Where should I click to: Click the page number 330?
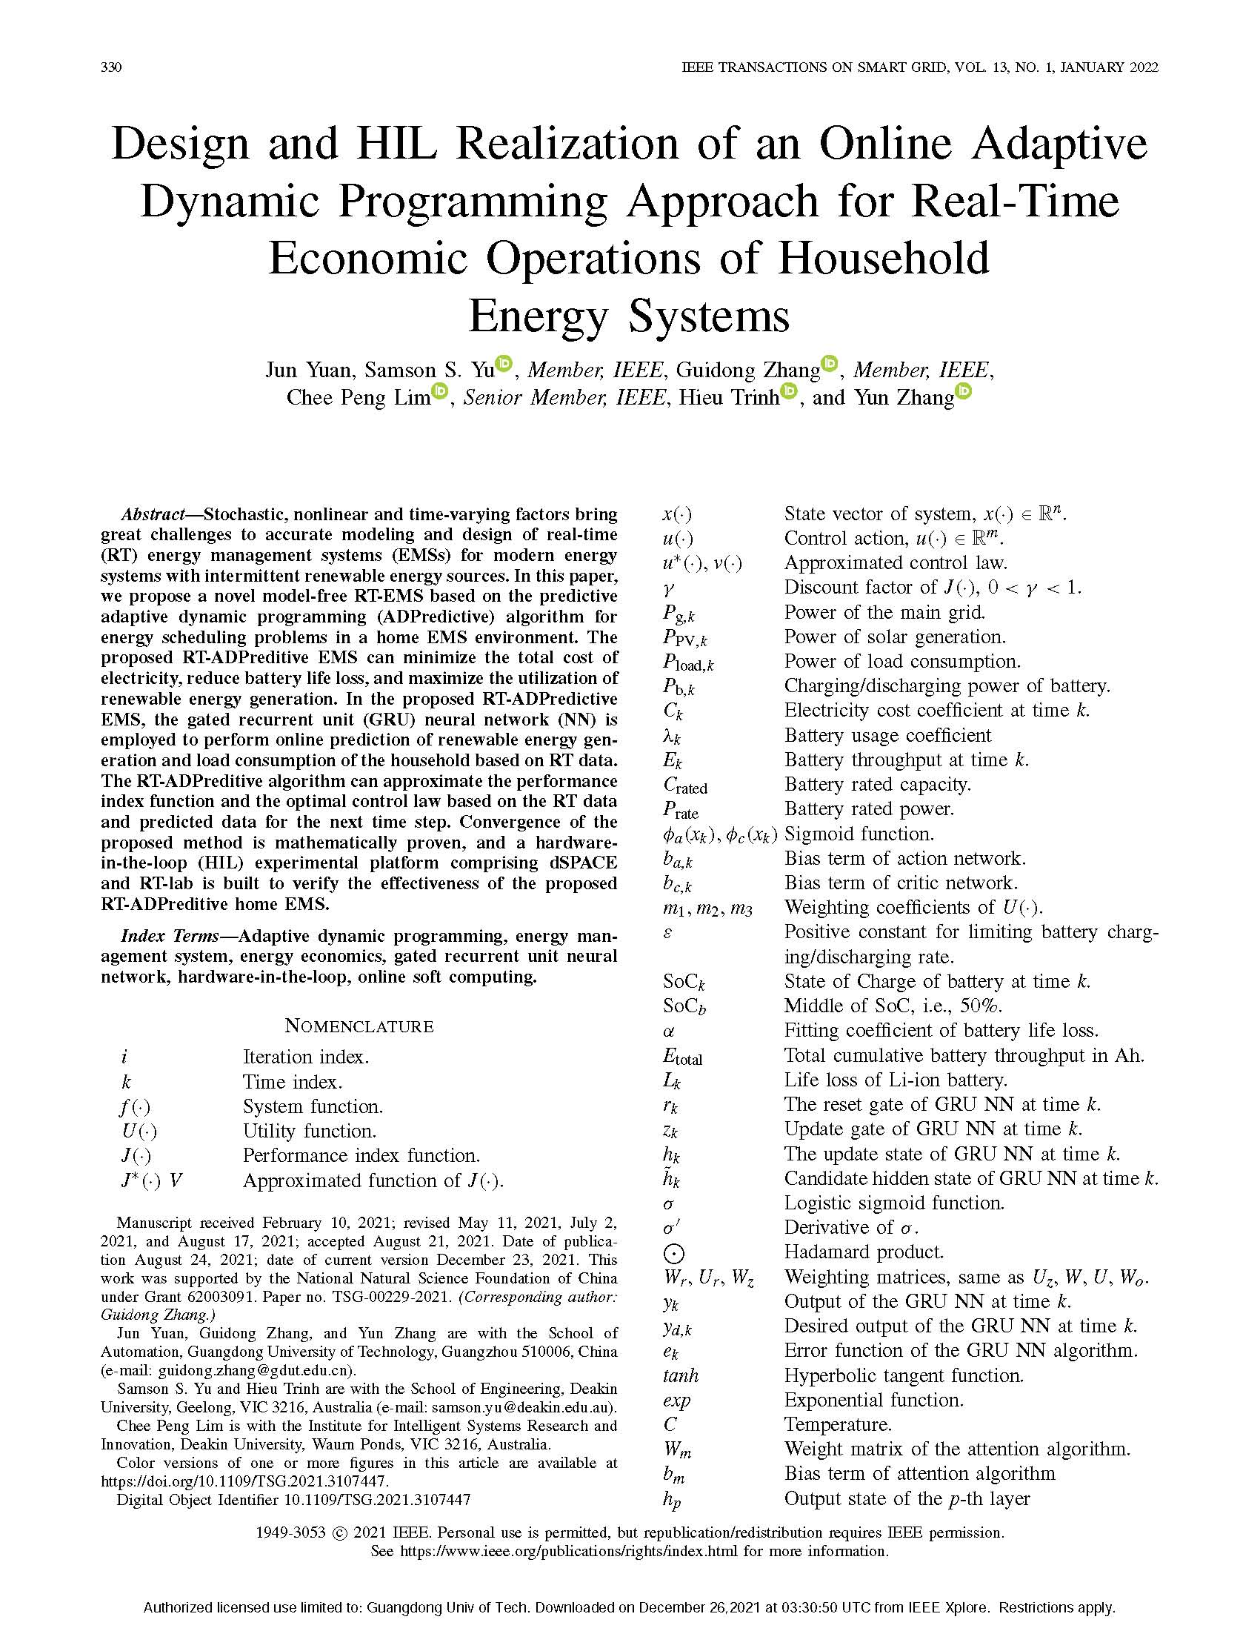pos(111,67)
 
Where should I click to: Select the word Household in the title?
pos(884,258)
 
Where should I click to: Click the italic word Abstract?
pos(153,514)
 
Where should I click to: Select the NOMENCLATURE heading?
pos(359,1026)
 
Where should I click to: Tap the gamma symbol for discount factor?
pos(668,588)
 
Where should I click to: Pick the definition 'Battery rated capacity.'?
pos(877,784)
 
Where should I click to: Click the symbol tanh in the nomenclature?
pos(680,1375)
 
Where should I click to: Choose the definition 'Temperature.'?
pos(838,1424)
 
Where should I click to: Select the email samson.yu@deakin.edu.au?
pos(532,1407)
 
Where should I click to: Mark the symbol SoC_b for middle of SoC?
pos(684,1006)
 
